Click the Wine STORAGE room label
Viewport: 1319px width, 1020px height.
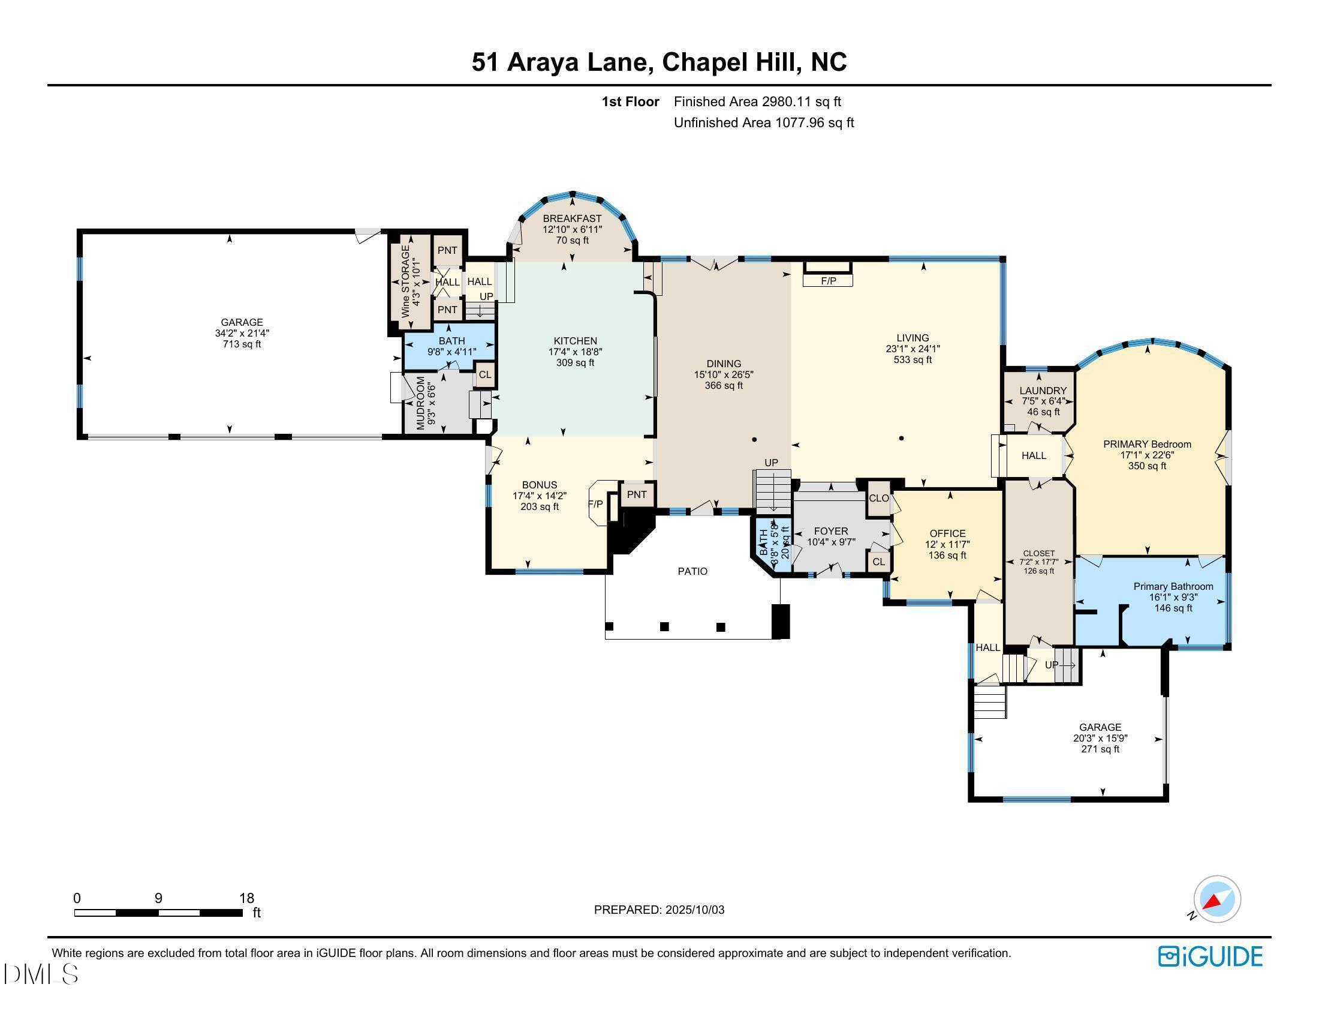[x=405, y=281]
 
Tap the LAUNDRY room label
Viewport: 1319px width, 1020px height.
[x=1043, y=391]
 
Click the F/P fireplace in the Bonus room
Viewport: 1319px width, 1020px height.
[x=595, y=503]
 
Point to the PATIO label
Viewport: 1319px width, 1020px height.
[x=692, y=571]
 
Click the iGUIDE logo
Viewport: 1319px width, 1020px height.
[x=1210, y=956]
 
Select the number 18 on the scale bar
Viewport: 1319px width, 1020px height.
[x=246, y=898]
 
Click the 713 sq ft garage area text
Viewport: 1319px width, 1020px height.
[x=242, y=344]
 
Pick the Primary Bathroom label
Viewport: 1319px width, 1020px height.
[x=1173, y=586]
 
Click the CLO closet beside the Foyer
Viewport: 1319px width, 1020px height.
[x=879, y=498]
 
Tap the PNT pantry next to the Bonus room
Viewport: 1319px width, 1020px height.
[x=637, y=494]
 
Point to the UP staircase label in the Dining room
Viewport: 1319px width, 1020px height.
[x=771, y=463]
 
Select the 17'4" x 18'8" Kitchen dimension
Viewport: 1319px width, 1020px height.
[x=575, y=352]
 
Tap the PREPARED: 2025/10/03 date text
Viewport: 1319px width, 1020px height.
[x=659, y=910]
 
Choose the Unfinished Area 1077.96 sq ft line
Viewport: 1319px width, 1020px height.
[x=763, y=122]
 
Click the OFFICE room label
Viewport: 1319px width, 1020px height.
[x=947, y=533]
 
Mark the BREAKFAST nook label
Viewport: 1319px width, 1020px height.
[x=572, y=218]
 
